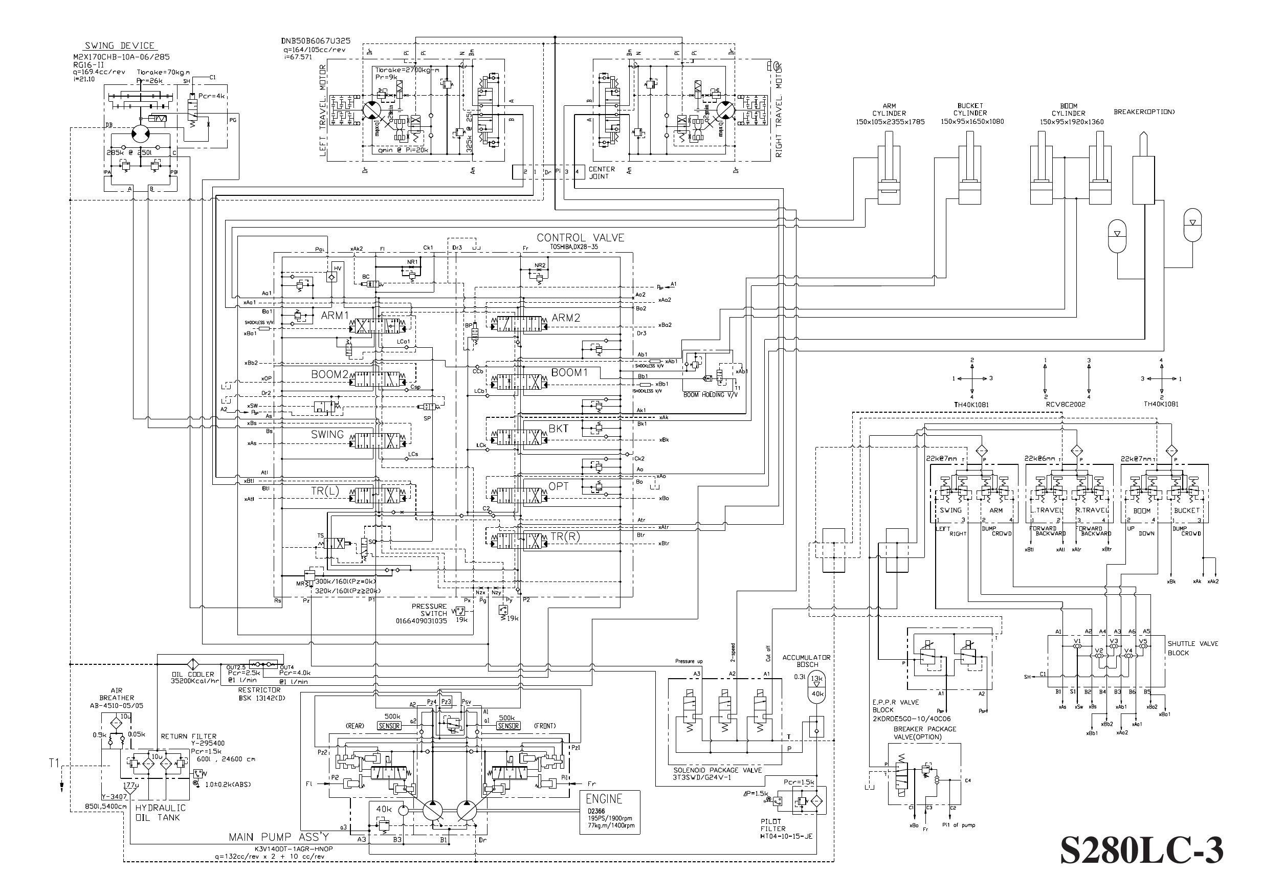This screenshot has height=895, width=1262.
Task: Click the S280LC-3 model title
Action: pos(1141,851)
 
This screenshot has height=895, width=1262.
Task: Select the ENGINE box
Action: pos(609,812)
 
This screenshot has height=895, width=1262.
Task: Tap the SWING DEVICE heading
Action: pos(120,46)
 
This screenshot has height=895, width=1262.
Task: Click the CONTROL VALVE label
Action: pos(580,237)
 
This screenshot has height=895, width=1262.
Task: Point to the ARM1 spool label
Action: pos(335,316)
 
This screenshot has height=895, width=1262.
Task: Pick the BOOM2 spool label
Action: pos(329,374)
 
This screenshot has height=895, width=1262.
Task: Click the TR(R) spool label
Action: pos(564,535)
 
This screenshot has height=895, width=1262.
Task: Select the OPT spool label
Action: pos(558,486)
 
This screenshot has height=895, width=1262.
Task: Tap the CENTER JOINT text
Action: pos(602,172)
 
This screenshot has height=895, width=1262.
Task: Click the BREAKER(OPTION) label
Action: pos(1144,112)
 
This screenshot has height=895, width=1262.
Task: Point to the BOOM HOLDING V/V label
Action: pos(710,395)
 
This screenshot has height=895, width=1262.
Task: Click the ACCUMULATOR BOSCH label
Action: pos(806,661)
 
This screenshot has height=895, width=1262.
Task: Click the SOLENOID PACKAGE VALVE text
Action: pos(718,770)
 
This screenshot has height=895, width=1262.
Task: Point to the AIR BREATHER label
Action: pos(116,694)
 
